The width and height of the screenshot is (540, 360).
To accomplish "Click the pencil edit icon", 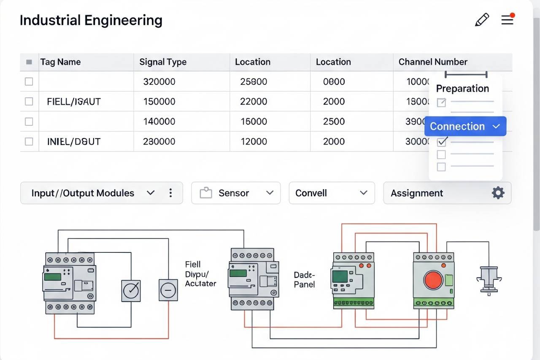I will point(482,20).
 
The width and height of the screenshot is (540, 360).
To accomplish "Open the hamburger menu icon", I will point(507,20).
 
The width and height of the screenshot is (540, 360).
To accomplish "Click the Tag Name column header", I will point(60,62).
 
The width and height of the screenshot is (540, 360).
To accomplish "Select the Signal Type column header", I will point(163,62).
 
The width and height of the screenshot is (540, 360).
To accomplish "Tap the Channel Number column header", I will point(433,62).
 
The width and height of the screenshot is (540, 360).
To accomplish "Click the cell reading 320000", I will point(159,81).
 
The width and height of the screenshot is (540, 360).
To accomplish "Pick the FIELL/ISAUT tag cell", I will point(74,101).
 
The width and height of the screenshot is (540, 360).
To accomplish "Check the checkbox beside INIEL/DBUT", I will point(29,141).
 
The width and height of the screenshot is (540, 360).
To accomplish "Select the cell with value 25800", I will point(254,81).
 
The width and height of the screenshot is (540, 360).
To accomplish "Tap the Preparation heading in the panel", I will point(462,89).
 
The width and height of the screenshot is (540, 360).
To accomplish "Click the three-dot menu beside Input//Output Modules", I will point(170,193).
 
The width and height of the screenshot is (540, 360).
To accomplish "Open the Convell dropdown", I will point(332,193).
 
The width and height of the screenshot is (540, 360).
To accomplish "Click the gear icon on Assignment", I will point(498,193).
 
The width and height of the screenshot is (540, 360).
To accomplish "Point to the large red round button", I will point(433,280).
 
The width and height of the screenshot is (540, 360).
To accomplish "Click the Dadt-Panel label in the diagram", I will point(305,279).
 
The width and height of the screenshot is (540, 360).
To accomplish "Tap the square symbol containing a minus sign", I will point(168,290).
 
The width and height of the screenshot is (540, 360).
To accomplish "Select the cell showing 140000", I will point(159,122).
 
